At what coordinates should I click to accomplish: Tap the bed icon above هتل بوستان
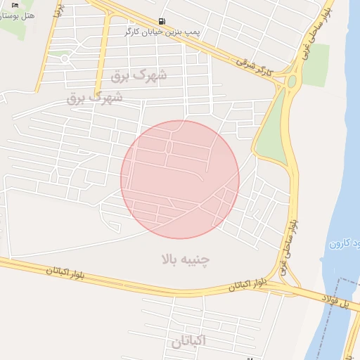pyautogui.click(x=15, y=5)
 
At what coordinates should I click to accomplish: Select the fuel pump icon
pyautogui.click(x=163, y=21)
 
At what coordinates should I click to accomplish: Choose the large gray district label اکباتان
pyautogui.click(x=188, y=340)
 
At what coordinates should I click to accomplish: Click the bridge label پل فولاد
pyautogui.click(x=336, y=300)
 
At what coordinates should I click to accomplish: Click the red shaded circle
pyautogui.click(x=180, y=179)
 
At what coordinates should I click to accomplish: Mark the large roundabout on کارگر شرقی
pyautogui.click(x=291, y=82)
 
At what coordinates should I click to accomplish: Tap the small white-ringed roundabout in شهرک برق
pyautogui.click(x=65, y=58)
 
